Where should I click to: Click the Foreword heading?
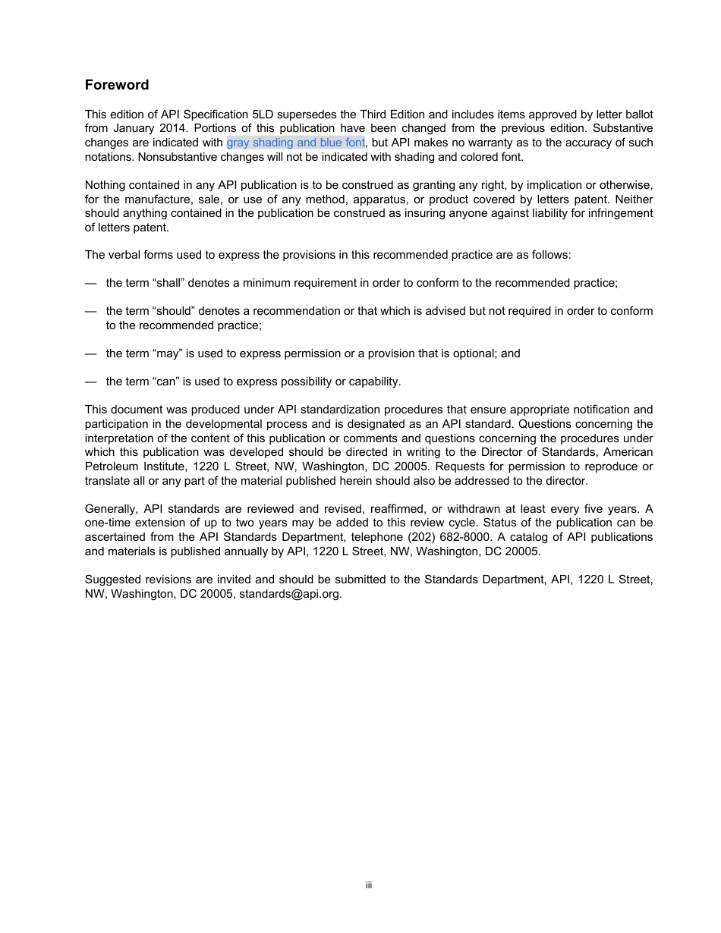coord(117,85)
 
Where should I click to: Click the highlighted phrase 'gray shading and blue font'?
coord(295,143)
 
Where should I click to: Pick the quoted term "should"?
coord(172,311)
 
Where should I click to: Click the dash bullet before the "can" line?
coord(91,382)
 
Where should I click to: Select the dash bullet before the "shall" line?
coord(91,283)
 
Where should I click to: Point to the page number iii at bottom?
coord(368,885)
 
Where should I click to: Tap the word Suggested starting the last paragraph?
coord(112,580)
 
